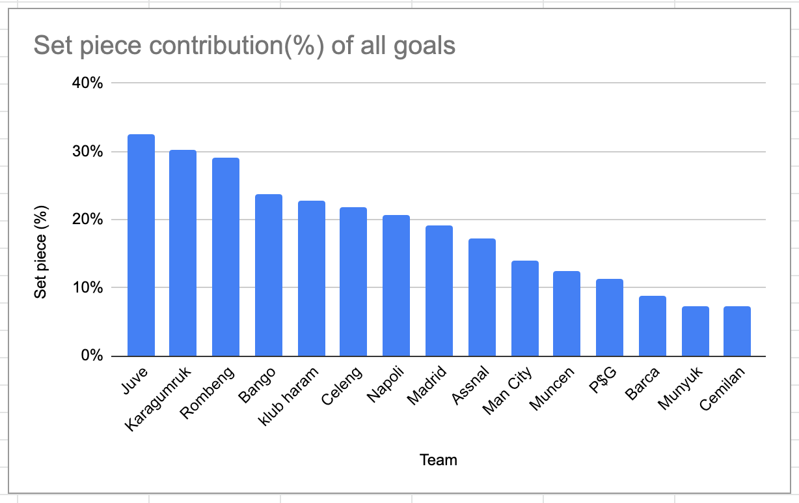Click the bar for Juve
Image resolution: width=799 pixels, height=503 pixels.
pyautogui.click(x=141, y=245)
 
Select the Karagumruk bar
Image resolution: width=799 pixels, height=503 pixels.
pyautogui.click(x=183, y=253)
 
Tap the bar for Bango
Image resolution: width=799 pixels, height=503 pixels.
pyautogui.click(x=269, y=275)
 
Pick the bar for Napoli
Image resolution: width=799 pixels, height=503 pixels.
pyautogui.click(x=396, y=285)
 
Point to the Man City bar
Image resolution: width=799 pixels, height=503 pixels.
pyautogui.click(x=525, y=308)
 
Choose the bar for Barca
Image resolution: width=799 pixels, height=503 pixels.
pyautogui.click(x=653, y=326)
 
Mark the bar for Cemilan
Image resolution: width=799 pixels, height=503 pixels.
pyautogui.click(x=737, y=331)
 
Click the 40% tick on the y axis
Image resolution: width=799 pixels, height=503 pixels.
pyautogui.click(x=88, y=83)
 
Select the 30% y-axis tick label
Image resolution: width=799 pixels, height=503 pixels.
pyautogui.click(x=88, y=152)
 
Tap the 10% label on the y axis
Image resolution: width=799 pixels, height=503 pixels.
pyautogui.click(x=88, y=288)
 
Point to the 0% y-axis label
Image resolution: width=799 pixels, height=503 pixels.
pyautogui.click(x=92, y=356)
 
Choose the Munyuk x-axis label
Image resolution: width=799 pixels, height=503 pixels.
pyautogui.click(x=681, y=388)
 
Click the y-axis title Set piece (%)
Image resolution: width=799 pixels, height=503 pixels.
pyautogui.click(x=41, y=253)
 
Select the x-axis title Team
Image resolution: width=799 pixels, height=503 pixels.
pyautogui.click(x=439, y=460)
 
